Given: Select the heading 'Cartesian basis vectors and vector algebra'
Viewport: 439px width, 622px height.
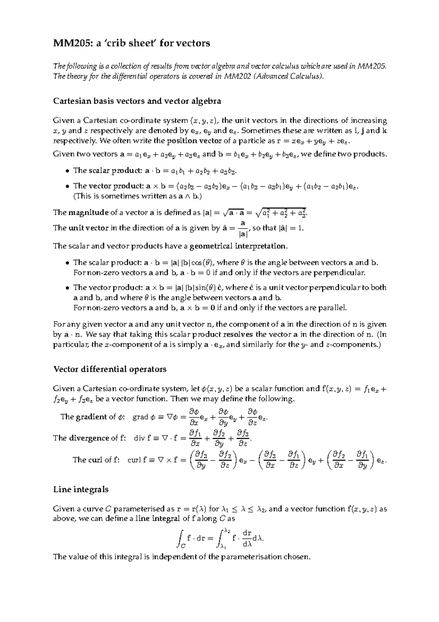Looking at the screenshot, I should coord(137,101).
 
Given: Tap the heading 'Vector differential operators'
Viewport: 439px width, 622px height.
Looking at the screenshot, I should coord(110,369).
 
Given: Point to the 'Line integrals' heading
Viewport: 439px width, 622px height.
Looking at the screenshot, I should coord(80,489).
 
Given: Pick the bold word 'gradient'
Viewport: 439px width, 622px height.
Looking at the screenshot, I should coord(90,417).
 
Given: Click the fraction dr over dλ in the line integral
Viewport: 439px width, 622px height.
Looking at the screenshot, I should coord(247,539).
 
